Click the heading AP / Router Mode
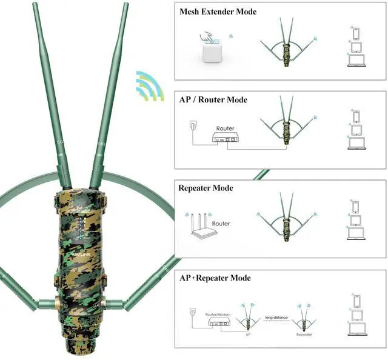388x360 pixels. point(213,99)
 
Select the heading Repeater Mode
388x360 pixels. point(206,188)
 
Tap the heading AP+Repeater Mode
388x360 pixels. point(215,278)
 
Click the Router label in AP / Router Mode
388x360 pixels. point(225,128)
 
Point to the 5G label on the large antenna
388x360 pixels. point(59,142)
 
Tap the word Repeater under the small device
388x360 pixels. point(304,335)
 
